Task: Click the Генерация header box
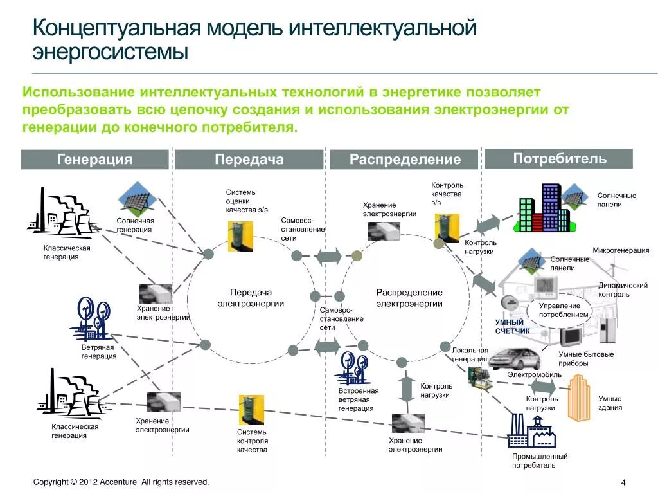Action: (x=94, y=160)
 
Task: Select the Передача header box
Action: (x=249, y=160)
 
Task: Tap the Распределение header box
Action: (x=405, y=160)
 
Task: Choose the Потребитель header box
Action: (x=558, y=158)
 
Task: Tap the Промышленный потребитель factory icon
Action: (x=531, y=430)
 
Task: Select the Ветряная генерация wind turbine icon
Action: (x=92, y=318)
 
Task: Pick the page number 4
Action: (x=623, y=483)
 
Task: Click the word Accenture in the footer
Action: (x=118, y=482)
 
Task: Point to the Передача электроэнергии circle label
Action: (x=251, y=298)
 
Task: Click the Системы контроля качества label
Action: (x=252, y=441)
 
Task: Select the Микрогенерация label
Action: (x=620, y=250)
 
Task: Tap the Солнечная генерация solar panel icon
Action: (x=138, y=199)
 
